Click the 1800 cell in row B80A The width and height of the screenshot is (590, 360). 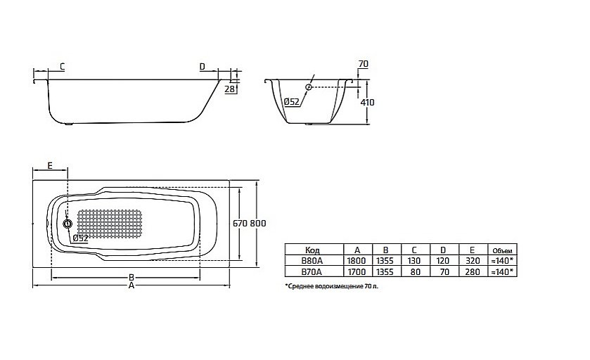[357, 260]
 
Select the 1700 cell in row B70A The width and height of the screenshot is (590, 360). [357, 271]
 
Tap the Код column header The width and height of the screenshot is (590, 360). [313, 250]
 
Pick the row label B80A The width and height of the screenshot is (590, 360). [313, 260]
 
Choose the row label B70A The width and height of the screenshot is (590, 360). [313, 271]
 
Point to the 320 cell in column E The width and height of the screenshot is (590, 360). [471, 260]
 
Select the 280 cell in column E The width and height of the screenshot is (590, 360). [471, 271]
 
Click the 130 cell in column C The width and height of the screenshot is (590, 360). [414, 260]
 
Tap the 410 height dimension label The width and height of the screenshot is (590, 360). [367, 103]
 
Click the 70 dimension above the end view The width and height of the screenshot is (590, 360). [363, 65]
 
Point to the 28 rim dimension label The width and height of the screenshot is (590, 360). [229, 89]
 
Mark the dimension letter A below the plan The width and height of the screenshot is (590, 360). [131, 286]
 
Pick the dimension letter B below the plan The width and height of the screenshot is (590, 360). [131, 277]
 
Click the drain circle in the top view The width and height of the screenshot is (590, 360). [68, 224]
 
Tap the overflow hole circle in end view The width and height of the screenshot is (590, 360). [309, 87]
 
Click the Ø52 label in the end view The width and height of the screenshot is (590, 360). [293, 103]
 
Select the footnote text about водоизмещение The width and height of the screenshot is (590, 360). [335, 287]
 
